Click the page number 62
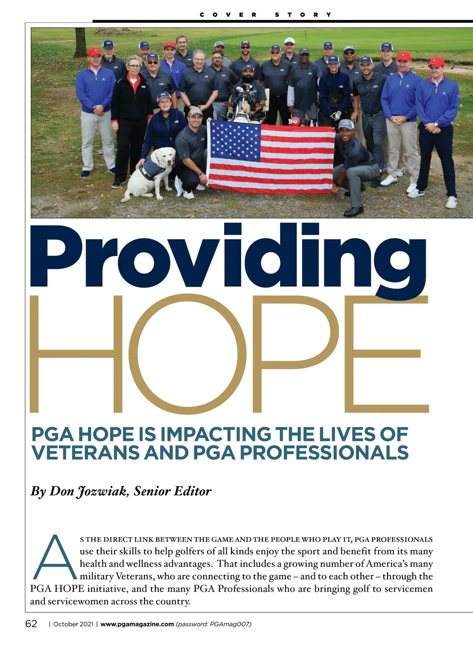coord(31,624)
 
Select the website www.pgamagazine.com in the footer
coord(137,624)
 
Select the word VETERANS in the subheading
coord(85,452)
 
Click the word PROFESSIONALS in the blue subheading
coord(324,452)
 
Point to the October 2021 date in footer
coord(73,624)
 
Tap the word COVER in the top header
coord(228,15)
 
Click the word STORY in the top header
coord(303,15)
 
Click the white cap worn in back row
coord(289,41)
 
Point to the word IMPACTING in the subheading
coord(216,434)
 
